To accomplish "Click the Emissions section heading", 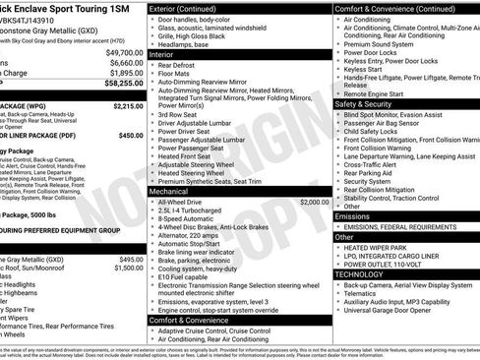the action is (352, 215).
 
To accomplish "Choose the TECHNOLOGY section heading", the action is (361, 274).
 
